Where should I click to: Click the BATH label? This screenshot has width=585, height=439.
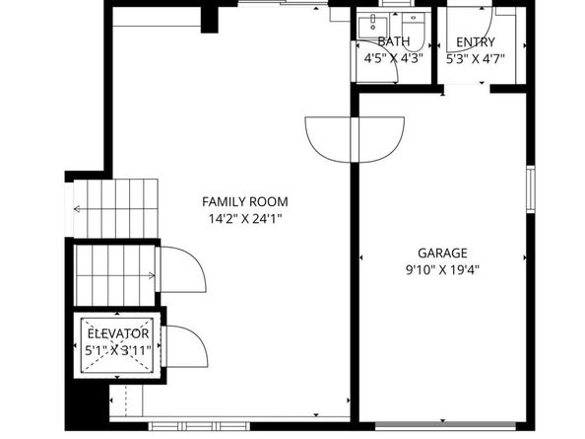[393, 42]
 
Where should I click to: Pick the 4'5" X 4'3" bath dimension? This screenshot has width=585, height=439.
[393, 58]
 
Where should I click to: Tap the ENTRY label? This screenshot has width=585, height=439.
[476, 42]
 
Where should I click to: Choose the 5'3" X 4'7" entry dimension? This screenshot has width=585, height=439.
[476, 58]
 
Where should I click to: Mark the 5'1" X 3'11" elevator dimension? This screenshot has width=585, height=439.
[116, 349]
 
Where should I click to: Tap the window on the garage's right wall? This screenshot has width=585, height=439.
[530, 190]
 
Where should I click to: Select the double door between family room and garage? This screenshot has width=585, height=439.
[355, 136]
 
